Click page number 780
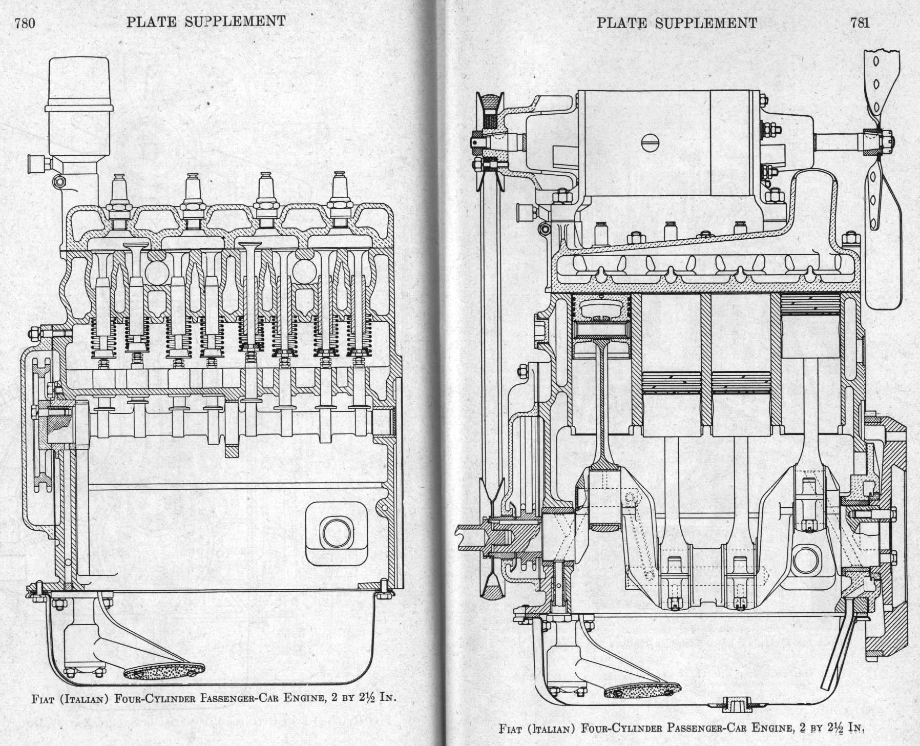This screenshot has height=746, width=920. (25, 24)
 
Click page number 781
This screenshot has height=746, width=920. (860, 23)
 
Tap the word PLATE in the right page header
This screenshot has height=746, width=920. (621, 23)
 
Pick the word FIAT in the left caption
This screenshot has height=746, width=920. (43, 698)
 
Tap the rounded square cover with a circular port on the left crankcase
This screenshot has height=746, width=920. (336, 533)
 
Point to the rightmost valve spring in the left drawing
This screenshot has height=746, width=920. (359, 336)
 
